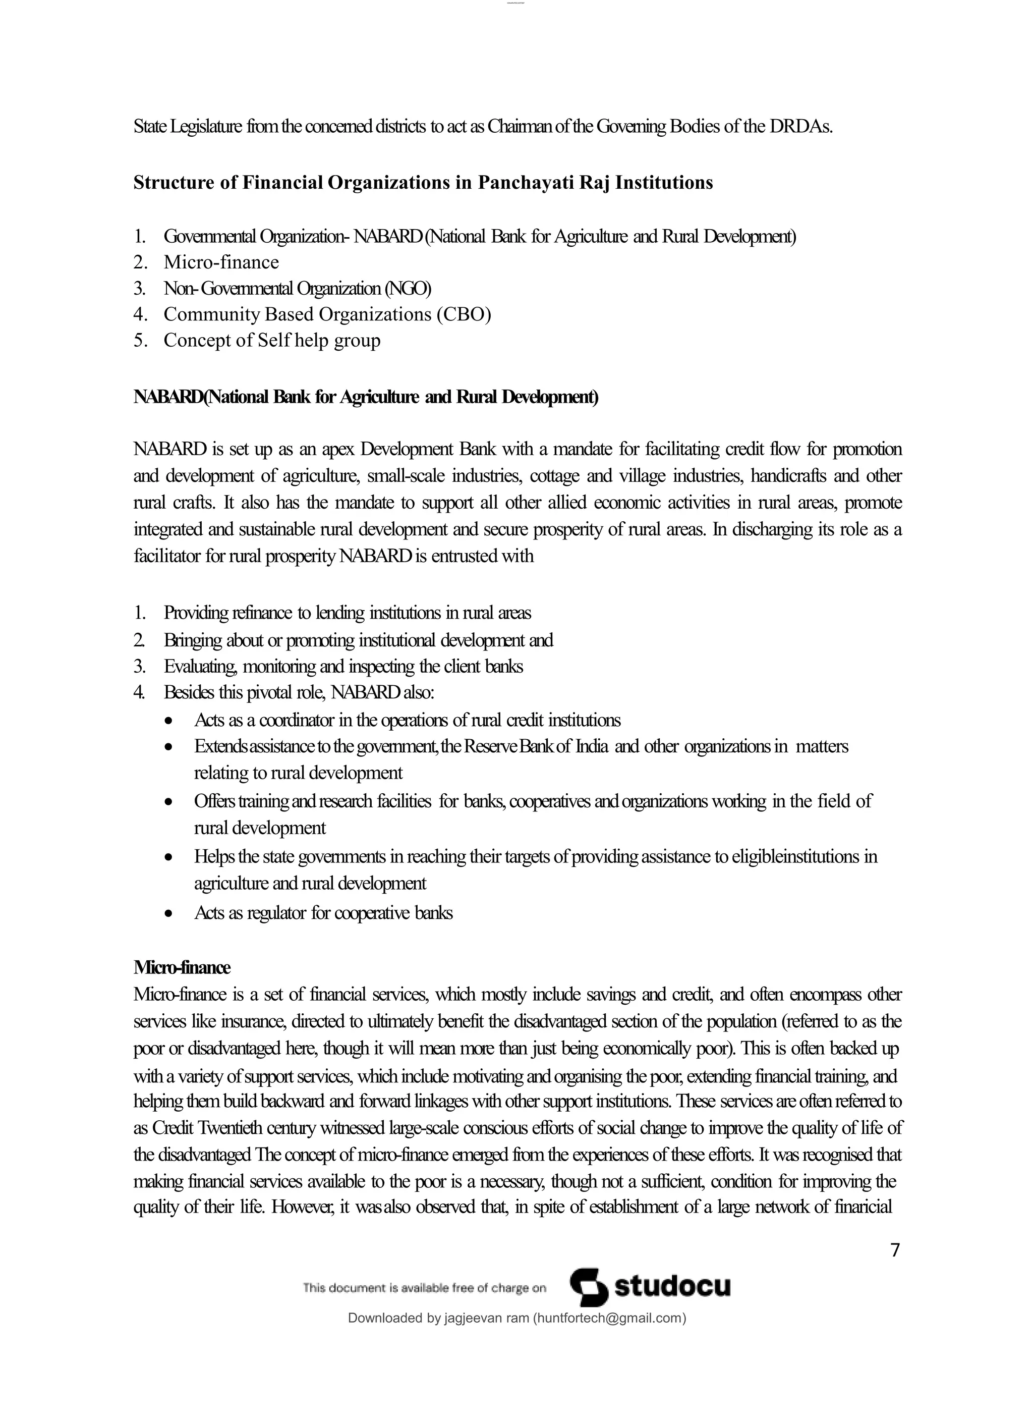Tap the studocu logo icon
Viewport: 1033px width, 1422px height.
589,1287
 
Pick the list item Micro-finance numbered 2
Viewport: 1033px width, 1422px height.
221,262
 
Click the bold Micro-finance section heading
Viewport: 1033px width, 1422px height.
182,967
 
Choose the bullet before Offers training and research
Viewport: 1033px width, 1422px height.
168,802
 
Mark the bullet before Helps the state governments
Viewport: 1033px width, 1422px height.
168,858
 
